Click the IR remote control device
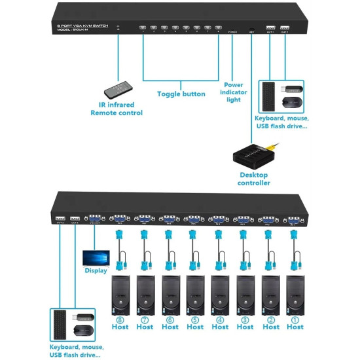pos(120,84)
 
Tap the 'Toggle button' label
pos(181,94)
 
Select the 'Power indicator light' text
pos(234,92)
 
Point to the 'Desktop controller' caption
pos(253,179)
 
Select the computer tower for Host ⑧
pos(120,295)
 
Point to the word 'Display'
pos(96,271)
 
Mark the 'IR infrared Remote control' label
pos(117,109)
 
